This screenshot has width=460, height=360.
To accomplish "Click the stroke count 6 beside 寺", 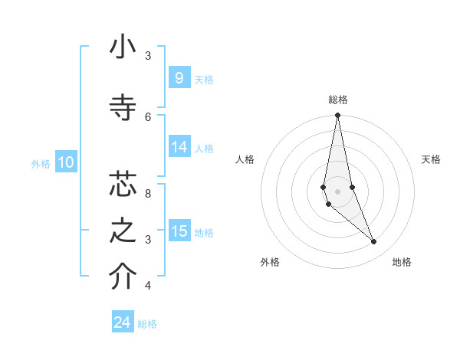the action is [x=148, y=116].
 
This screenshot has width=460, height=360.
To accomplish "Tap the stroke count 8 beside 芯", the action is [x=148, y=194].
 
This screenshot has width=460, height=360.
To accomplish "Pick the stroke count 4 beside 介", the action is [x=148, y=286].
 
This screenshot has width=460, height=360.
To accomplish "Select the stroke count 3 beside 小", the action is [x=148, y=56].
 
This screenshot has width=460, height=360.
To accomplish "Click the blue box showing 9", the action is [x=179, y=78].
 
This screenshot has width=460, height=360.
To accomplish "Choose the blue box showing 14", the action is [x=179, y=148].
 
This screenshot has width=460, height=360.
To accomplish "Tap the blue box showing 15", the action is [x=179, y=231].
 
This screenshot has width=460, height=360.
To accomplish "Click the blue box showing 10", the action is [x=66, y=162].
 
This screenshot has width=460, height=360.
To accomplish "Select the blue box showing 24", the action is [x=123, y=322].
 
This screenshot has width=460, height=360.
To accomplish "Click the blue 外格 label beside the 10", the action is [x=41, y=163].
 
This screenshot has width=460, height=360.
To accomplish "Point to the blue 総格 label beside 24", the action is [x=147, y=324].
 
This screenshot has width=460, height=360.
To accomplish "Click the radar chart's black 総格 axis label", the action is [x=337, y=100].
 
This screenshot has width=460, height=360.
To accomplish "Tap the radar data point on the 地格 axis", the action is [x=374, y=242].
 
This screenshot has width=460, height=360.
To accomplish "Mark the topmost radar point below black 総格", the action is [x=337, y=116].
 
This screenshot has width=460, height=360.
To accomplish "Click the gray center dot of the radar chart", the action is [x=337, y=191].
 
